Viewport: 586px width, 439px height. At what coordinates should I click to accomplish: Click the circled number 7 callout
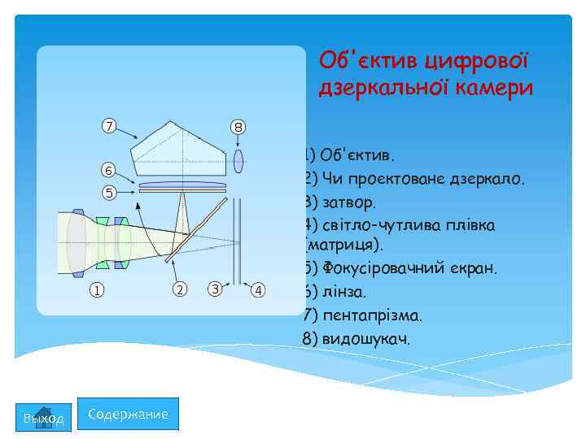click(x=107, y=126)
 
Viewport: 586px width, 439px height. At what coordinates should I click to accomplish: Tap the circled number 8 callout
click(x=238, y=127)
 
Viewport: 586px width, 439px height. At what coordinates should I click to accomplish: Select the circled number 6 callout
click(x=107, y=170)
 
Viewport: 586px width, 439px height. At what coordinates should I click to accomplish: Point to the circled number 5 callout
click(x=107, y=193)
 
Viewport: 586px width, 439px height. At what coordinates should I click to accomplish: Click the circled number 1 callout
click(x=96, y=289)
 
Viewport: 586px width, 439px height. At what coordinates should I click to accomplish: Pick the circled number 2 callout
click(x=180, y=289)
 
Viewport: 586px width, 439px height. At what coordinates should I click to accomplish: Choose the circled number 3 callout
click(x=215, y=289)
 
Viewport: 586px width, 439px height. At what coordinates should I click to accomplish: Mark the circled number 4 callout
click(x=258, y=289)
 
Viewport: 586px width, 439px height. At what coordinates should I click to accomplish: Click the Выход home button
click(x=44, y=417)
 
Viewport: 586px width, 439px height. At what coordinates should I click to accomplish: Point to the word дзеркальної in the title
click(x=374, y=88)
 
